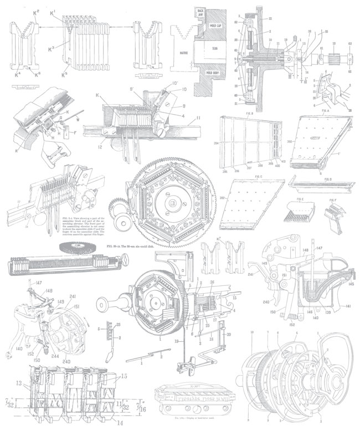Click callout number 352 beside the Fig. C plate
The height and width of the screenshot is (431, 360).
[x=224, y=197]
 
